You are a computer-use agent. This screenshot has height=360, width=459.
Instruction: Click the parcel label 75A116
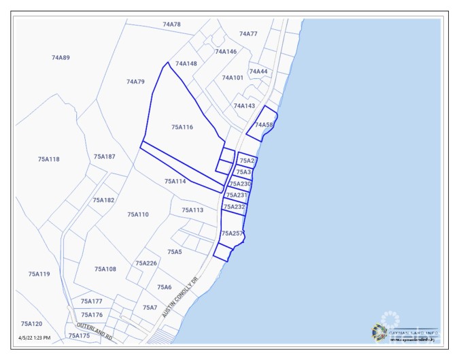click(x=182, y=127)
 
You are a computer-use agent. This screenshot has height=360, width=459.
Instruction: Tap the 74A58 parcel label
click(x=264, y=125)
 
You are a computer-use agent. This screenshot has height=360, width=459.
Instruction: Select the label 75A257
click(x=233, y=233)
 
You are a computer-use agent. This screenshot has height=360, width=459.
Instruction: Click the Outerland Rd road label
click(x=95, y=333)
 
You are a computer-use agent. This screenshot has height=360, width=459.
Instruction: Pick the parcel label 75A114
click(x=175, y=182)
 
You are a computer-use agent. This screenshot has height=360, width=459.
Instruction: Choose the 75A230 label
click(x=240, y=184)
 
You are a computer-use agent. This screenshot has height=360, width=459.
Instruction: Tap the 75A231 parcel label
click(x=237, y=195)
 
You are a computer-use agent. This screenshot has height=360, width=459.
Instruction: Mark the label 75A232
click(x=234, y=206)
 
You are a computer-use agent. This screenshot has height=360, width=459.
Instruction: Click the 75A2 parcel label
click(x=247, y=161)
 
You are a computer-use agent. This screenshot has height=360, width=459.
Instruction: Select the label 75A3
click(x=243, y=172)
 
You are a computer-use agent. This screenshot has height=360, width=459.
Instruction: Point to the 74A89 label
click(x=61, y=58)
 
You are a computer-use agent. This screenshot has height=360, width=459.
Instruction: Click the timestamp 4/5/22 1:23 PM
click(x=34, y=338)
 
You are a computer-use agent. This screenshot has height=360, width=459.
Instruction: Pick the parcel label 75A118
click(x=48, y=159)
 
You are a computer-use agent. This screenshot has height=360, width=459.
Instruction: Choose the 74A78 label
click(x=172, y=24)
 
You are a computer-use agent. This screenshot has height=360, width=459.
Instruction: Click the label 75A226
click(x=146, y=263)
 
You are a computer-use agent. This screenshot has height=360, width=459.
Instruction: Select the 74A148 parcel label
click(x=186, y=64)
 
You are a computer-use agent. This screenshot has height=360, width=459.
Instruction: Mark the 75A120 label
click(x=31, y=324)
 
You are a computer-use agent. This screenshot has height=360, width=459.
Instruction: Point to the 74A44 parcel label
click(x=258, y=71)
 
